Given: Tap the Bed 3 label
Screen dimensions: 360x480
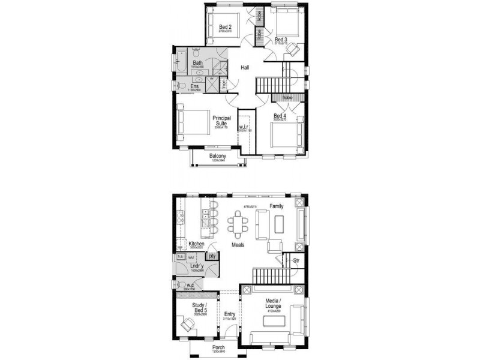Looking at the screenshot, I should click(281, 40).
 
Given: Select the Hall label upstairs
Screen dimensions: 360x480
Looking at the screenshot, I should click(245, 68).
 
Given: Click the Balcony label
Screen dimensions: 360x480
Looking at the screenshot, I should click(218, 157).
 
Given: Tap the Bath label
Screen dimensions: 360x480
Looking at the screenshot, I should click(197, 62).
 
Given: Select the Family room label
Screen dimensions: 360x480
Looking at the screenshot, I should click(276, 206).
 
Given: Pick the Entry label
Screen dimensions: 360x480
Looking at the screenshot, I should click(230, 314).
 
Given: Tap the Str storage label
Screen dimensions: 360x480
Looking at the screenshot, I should click(296, 260).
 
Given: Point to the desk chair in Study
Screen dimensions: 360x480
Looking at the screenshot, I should click(188, 326).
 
